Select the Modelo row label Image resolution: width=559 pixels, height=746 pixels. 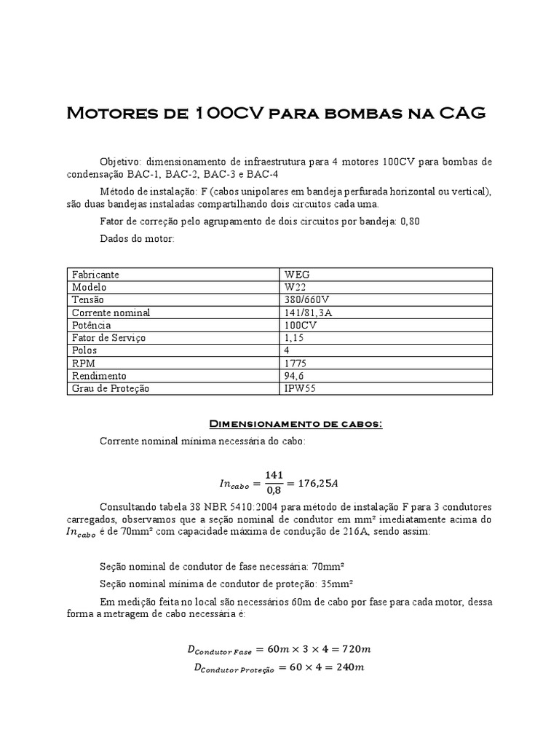(x=89, y=287)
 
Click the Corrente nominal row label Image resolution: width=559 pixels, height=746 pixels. (x=111, y=313)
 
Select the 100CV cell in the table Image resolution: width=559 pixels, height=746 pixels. (x=301, y=325)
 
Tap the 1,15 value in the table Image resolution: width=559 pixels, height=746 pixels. (x=294, y=338)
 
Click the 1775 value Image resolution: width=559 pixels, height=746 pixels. (x=295, y=363)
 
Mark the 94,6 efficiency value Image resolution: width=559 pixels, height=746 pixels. (x=294, y=376)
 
